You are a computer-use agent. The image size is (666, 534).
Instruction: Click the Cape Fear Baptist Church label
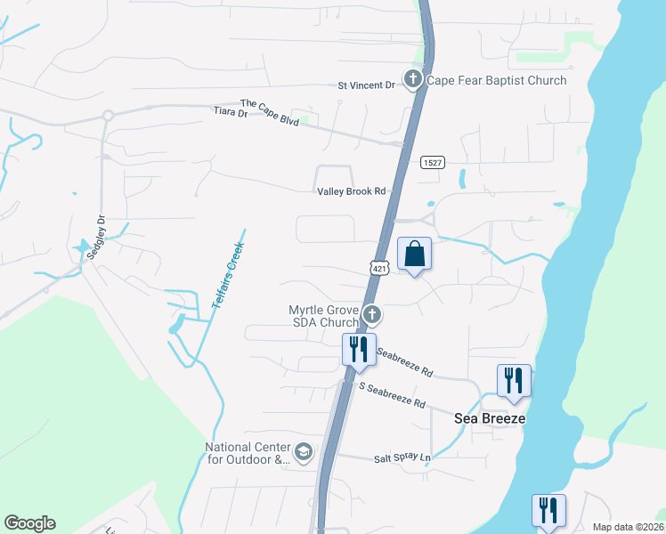497,81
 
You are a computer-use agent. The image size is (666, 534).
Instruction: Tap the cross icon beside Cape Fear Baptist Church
412,80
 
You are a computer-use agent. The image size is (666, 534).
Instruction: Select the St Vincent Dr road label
366,85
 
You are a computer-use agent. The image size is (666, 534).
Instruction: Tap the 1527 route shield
433,163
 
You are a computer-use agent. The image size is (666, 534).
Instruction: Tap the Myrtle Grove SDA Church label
324,316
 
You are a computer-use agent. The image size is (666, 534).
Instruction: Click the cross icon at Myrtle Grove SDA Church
373,315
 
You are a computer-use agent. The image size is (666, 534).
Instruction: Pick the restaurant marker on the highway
359,349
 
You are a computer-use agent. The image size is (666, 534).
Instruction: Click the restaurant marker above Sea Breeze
514,380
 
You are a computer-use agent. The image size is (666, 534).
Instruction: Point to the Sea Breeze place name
490,418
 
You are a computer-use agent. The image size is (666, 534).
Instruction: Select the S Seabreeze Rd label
392,394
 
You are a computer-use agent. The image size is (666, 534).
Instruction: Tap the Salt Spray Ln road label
402,458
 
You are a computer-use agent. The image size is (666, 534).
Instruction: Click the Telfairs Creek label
228,269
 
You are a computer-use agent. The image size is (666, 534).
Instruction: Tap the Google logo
29,523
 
